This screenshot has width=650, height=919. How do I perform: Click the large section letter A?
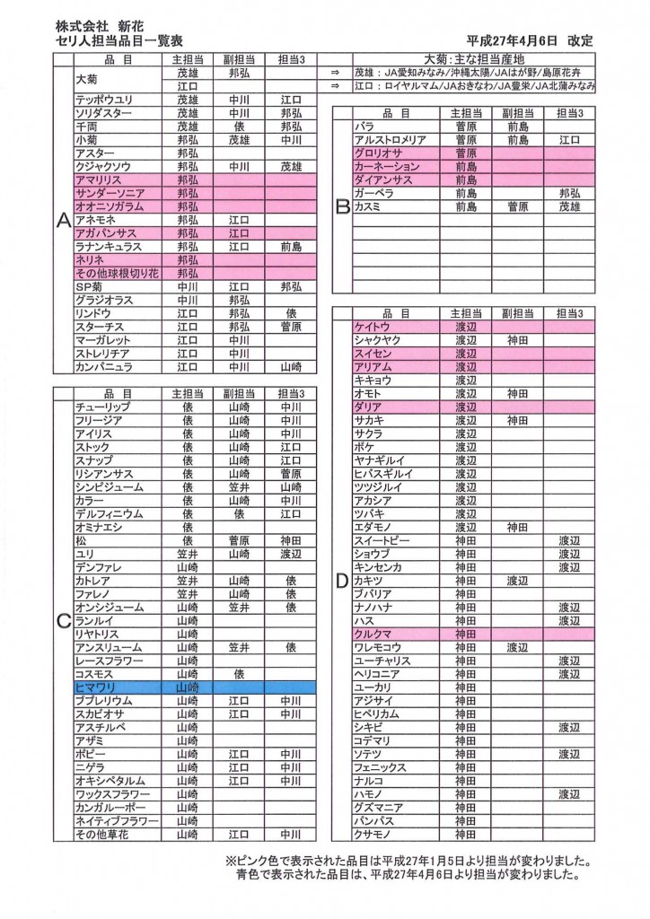coord(63,225)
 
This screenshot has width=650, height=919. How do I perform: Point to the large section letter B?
coord(342,207)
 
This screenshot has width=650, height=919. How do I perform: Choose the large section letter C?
coord(63,620)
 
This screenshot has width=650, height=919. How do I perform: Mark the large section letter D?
coord(342,581)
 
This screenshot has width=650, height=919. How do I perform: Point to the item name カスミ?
coord(368,206)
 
